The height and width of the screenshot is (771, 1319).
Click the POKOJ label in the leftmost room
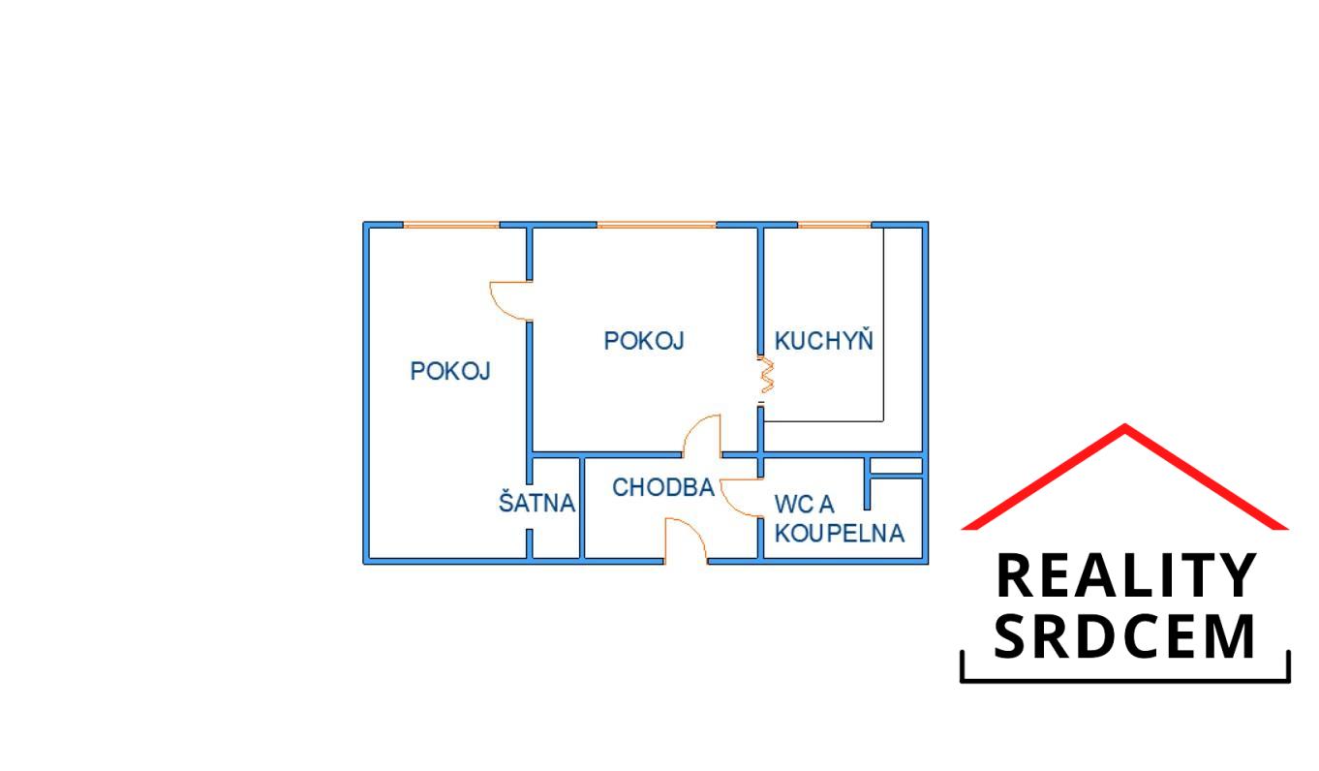450,371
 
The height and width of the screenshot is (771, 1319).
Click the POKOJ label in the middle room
644,340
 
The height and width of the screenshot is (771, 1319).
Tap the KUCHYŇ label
824,340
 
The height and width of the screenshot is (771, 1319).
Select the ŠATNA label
537,502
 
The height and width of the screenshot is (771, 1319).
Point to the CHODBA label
663,487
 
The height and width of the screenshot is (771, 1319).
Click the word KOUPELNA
839,533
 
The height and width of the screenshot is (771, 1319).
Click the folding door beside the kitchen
766,375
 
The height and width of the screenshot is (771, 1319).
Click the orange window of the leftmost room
451,225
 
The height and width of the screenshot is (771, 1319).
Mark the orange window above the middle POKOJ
657,225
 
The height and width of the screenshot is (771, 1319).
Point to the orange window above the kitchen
835,225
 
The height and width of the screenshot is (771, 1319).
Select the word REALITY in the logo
1126,575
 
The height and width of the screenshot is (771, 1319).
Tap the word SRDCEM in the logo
1124,636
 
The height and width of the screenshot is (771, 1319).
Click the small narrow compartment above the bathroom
896,466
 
